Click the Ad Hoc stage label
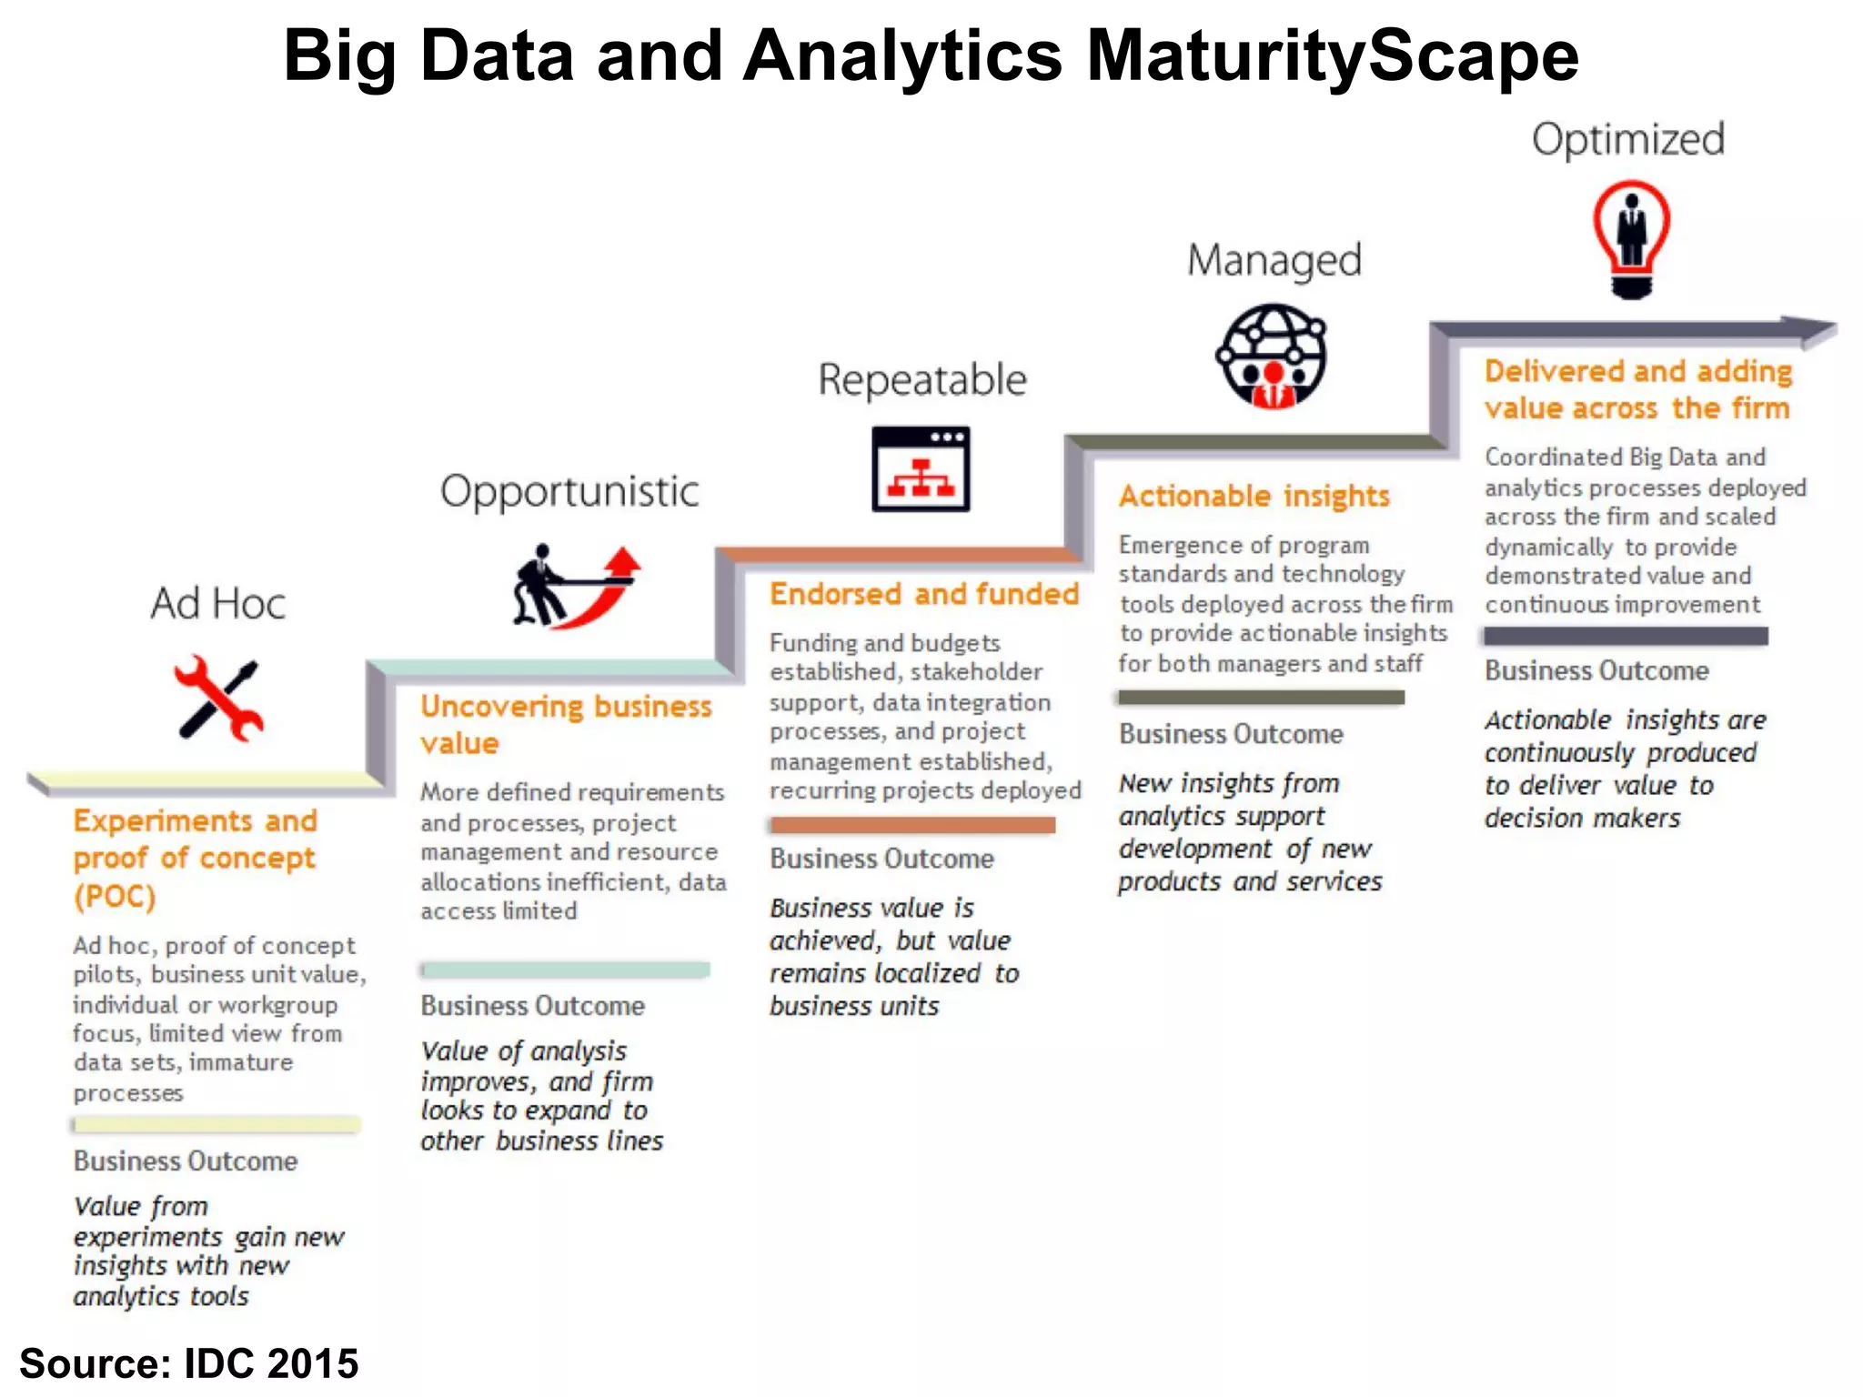218,603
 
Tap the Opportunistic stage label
569,492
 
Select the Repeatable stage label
922,380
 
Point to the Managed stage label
1274,261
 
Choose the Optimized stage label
1628,140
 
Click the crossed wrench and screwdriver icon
218,698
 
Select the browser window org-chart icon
921,468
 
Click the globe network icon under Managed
1272,357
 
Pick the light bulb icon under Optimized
1631,239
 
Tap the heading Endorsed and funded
924,594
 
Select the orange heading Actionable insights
1254,496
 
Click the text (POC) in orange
115,897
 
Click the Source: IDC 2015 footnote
189,1363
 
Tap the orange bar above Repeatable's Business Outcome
912,825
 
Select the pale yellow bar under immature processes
217,1125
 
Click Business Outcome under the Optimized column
1596,671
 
